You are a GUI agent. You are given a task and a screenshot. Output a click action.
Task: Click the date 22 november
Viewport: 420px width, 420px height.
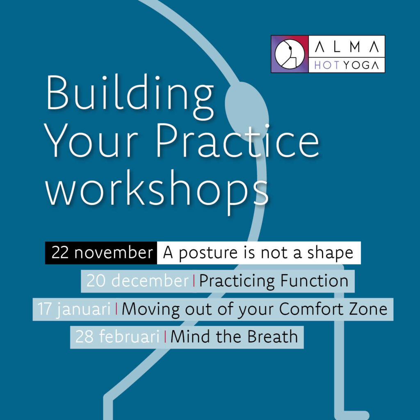click(x=102, y=253)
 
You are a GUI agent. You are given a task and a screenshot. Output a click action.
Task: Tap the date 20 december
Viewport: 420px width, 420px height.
click(x=137, y=281)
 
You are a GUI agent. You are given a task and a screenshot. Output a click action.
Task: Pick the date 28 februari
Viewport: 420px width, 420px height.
click(x=117, y=337)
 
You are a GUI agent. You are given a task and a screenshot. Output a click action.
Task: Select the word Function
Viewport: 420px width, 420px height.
click(x=314, y=281)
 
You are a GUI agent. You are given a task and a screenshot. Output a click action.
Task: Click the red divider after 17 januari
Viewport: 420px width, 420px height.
click(x=116, y=308)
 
